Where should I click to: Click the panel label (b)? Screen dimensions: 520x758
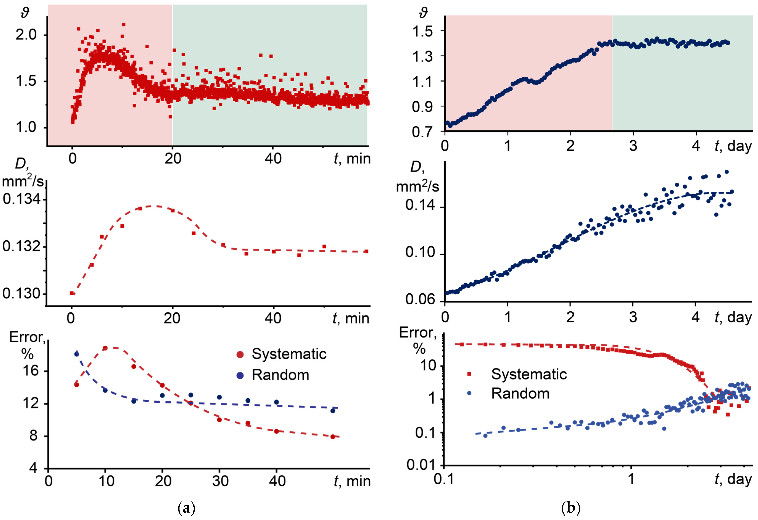pos(571,508)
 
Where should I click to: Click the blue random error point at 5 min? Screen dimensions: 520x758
pos(77,354)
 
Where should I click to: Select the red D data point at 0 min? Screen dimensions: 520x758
pos(72,293)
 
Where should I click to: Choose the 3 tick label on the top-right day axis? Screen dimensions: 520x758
pos(633,146)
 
